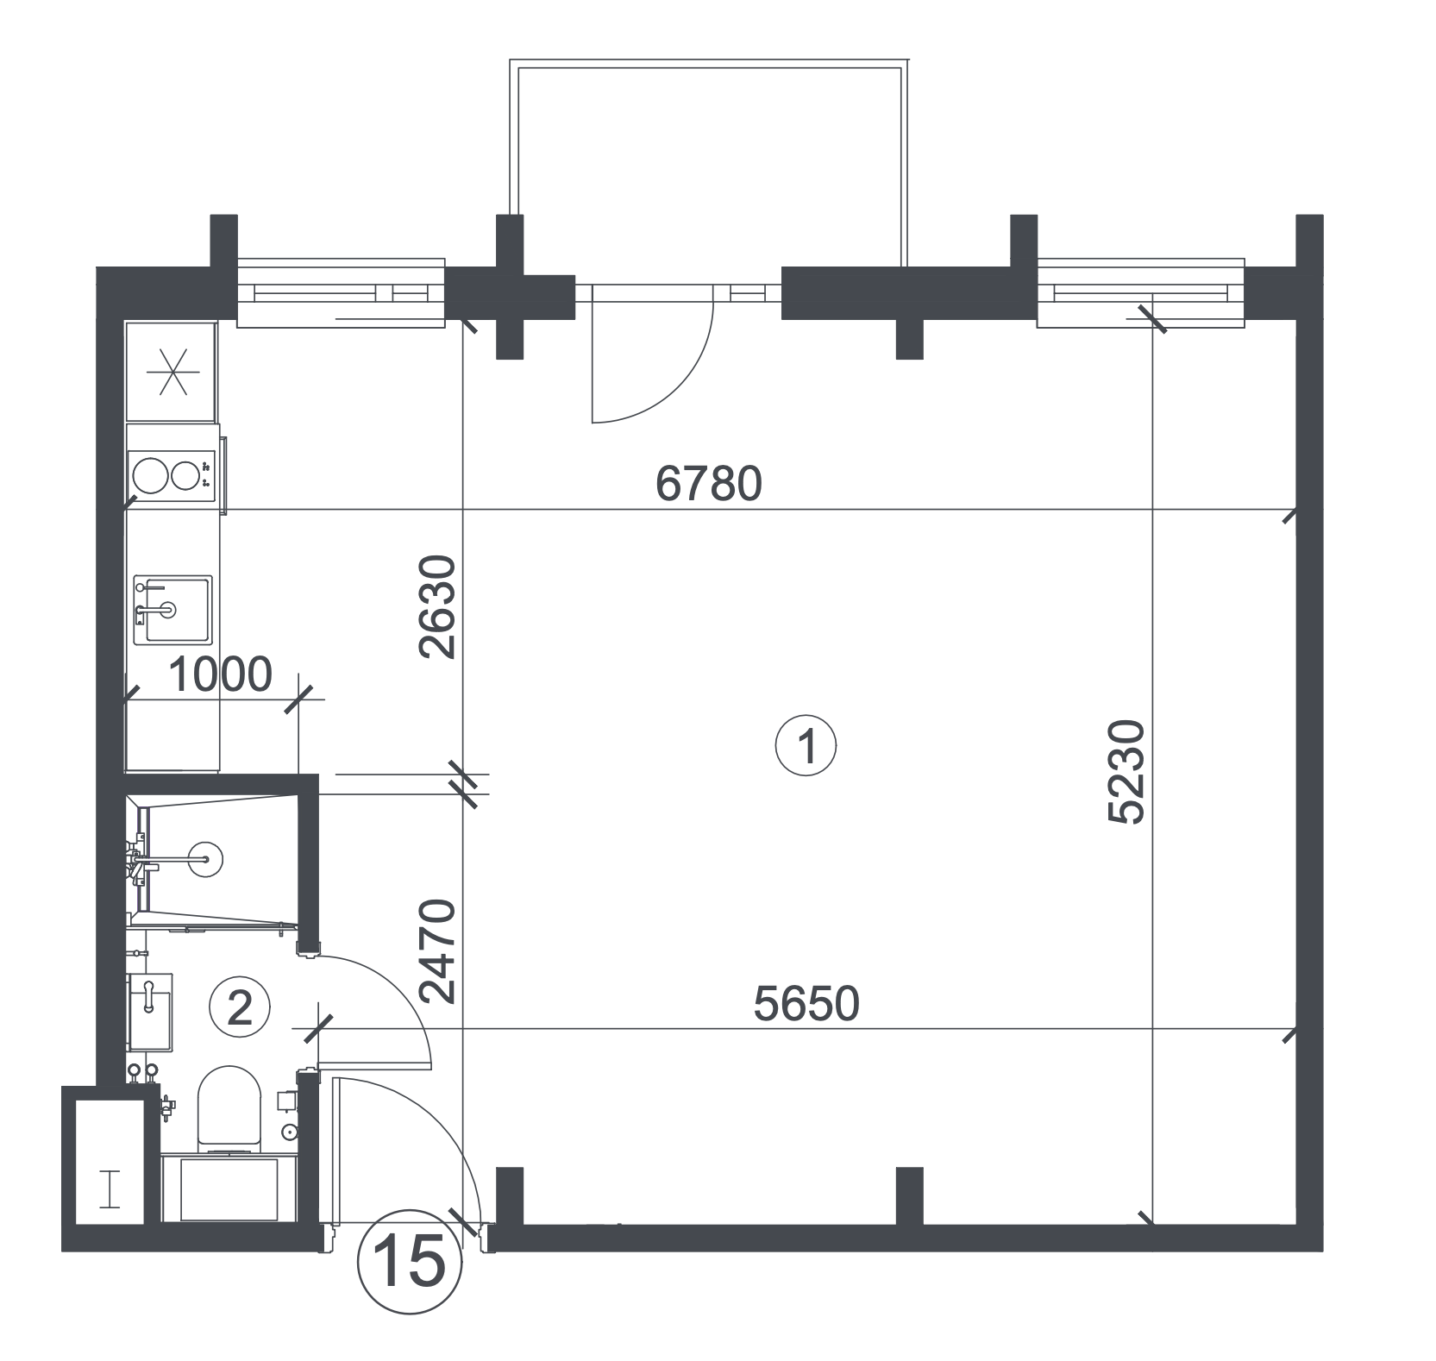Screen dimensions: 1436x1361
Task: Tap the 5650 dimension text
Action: pyautogui.click(x=806, y=1005)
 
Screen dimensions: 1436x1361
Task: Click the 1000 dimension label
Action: pyautogui.click(x=219, y=675)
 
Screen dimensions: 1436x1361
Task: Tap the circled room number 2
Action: pyautogui.click(x=239, y=1007)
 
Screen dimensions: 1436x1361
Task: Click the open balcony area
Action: pyautogui.click(x=709, y=164)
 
